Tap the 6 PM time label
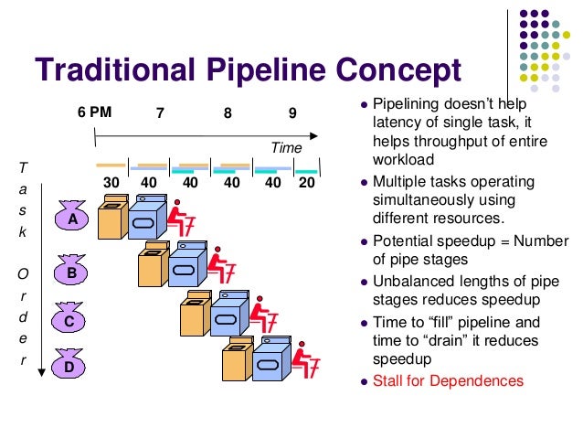coord(94,114)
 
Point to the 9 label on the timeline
coord(292,114)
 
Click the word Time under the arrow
coord(285,146)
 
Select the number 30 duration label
coord(111,182)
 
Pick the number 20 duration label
coord(307,182)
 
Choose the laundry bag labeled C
coord(68,320)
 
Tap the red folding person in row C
coord(265,315)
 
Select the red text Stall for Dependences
coord(448,380)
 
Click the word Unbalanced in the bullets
coord(413,281)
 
